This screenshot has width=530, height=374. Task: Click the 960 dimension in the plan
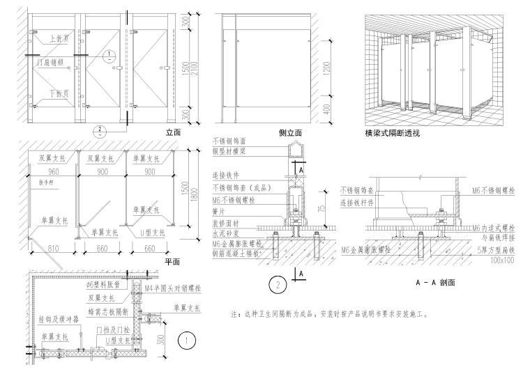point(47,170)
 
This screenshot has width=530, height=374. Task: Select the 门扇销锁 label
point(50,63)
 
